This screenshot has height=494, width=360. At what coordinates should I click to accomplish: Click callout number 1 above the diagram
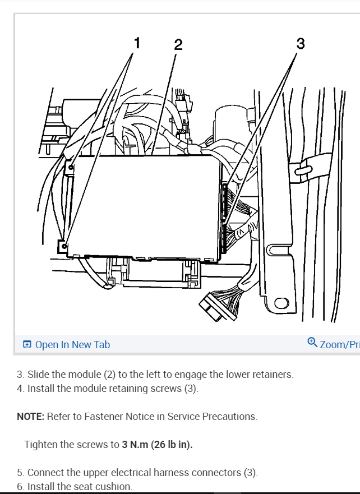coord(137,43)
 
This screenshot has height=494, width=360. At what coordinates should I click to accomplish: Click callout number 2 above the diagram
coord(178,45)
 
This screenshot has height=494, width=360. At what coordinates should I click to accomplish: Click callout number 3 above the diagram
coord(301,43)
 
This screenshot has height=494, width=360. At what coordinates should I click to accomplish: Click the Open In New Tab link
coord(72,344)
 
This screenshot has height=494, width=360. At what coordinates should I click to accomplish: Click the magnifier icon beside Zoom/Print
coord(312,343)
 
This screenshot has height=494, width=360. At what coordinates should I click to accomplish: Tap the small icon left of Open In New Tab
coord(27,344)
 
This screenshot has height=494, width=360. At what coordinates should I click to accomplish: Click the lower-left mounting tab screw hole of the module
coord(64,246)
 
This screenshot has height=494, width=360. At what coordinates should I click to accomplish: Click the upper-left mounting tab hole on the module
coord(71,167)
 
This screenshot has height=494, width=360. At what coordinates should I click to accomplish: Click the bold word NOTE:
coord(31,417)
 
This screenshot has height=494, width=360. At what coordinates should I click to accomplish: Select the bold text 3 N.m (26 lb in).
coord(157,445)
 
